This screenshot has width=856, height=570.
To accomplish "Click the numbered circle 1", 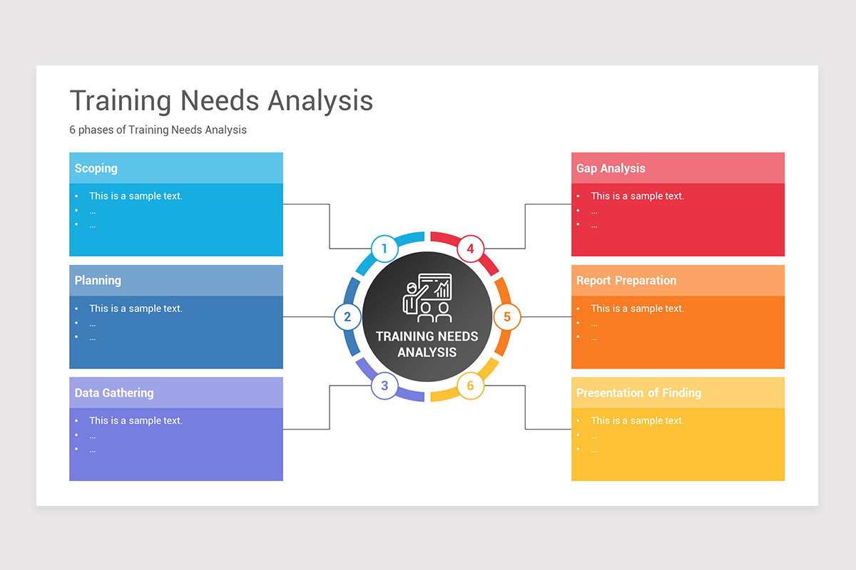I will click(x=384, y=249).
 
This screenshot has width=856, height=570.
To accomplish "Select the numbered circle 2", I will click(x=347, y=317).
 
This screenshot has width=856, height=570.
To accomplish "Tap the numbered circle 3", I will click(x=384, y=385).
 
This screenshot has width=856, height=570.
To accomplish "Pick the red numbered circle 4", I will click(x=470, y=249).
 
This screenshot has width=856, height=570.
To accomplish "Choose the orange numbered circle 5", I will click(x=507, y=317).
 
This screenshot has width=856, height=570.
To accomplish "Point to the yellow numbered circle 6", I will click(x=470, y=385).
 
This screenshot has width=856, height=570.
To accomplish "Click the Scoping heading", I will click(x=96, y=168).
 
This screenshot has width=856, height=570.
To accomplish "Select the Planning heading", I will click(x=98, y=281).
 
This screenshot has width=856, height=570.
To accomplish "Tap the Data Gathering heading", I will click(x=114, y=393).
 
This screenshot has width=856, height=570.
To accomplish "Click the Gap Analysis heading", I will click(x=611, y=168).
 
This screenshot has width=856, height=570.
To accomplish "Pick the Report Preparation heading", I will click(x=626, y=281).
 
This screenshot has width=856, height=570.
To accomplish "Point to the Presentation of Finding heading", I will click(x=638, y=393).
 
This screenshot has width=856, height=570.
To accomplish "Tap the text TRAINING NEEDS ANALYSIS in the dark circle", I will click(x=427, y=343).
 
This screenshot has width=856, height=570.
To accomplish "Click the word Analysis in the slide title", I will click(x=320, y=100).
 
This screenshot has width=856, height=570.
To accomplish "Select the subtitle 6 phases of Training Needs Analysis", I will click(x=158, y=130).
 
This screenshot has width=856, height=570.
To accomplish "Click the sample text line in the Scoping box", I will click(x=136, y=196).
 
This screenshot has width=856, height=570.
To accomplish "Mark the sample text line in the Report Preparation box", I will click(x=637, y=309).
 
